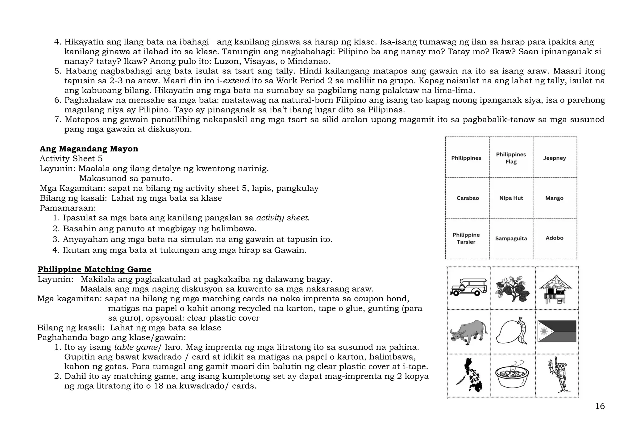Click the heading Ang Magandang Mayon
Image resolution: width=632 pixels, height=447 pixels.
89,149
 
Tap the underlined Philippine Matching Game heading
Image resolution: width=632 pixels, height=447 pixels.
94,269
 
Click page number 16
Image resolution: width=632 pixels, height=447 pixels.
600,406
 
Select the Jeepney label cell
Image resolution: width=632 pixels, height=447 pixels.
555,158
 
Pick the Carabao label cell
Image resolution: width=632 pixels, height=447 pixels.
468,198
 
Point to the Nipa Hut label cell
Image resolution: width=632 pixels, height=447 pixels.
511,198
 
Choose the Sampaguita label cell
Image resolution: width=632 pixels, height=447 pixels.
511,238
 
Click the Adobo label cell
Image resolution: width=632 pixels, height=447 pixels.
555,238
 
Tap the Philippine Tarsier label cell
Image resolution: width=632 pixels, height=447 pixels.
466,238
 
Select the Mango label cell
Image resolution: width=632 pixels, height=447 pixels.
555,198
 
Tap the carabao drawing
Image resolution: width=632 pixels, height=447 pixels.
468,332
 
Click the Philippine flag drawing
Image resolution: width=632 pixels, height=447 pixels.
557,331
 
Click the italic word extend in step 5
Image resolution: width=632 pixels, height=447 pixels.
236,81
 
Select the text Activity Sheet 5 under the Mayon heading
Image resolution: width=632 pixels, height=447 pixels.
71,159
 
